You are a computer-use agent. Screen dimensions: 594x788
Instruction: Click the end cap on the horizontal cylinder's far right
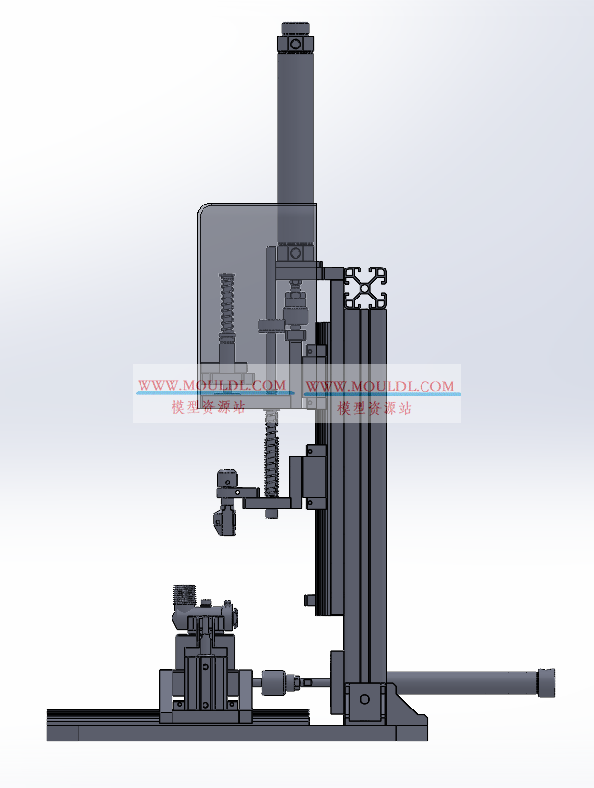click(x=547, y=682)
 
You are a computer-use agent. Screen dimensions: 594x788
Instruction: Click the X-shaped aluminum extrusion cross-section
click(x=365, y=288)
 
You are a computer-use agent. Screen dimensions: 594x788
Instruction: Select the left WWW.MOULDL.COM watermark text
click(x=211, y=386)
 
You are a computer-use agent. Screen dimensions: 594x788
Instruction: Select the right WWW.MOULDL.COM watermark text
click(x=380, y=386)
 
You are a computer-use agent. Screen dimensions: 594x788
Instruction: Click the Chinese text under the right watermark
click(x=374, y=408)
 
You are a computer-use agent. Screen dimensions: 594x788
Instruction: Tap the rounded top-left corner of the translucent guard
click(x=202, y=207)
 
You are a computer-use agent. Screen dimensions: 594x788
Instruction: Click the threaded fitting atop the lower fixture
click(x=183, y=595)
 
